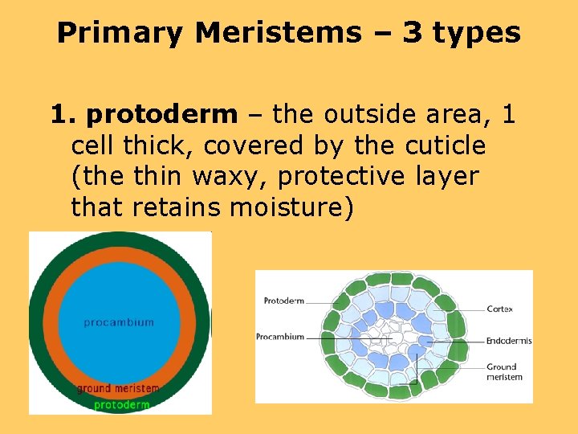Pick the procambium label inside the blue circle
119,322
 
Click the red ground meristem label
118,389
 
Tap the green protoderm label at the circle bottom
121,404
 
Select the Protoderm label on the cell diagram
283,301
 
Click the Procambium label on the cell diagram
280,337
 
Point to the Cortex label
499,309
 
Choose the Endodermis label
508,341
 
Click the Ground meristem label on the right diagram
504,372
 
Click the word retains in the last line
177,207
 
